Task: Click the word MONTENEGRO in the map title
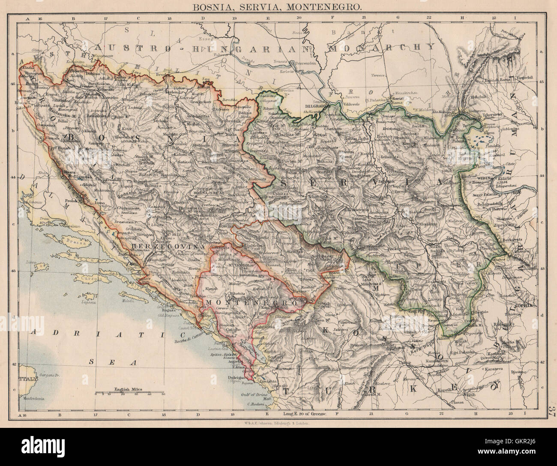point(327,7)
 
